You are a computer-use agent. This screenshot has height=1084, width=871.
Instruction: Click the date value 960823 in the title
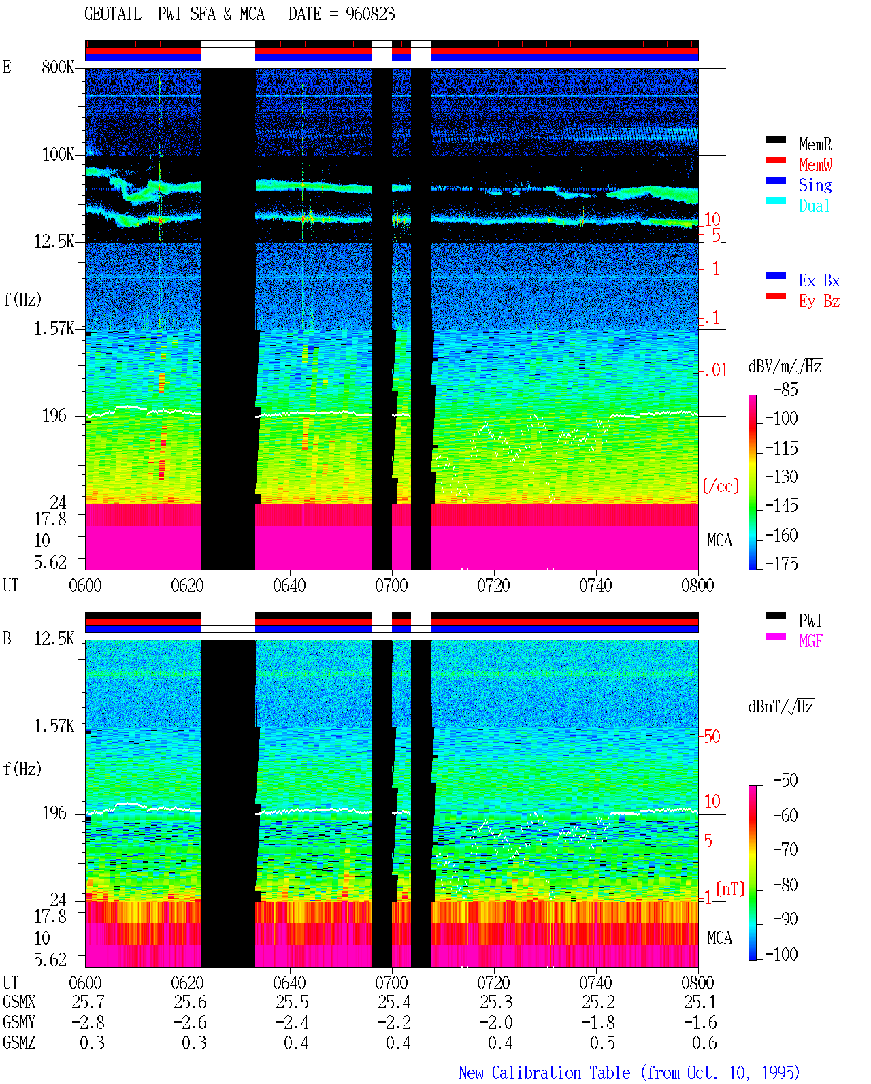369,14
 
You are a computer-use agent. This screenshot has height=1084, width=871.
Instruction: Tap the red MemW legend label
815,165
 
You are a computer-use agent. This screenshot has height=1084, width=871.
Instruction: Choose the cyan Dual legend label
814,206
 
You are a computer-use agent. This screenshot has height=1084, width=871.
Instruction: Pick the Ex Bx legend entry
819,280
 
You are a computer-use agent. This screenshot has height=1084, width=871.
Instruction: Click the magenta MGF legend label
810,641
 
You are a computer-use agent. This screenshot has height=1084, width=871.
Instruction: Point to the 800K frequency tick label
57,67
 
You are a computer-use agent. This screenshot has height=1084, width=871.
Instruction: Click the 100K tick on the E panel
57,154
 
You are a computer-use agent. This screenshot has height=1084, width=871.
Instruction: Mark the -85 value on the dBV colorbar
785,389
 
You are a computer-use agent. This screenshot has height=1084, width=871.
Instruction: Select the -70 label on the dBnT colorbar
785,849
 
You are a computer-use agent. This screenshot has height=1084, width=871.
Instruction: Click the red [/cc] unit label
721,486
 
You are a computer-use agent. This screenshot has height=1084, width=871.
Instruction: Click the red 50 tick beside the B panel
712,736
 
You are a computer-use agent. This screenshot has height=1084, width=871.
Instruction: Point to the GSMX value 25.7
88,1002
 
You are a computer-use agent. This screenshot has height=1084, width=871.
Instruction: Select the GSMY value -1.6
700,1022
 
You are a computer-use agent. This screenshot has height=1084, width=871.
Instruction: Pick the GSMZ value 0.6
704,1042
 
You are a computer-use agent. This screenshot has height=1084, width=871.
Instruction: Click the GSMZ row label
19,1042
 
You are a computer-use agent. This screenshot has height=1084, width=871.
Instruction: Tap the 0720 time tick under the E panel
493,585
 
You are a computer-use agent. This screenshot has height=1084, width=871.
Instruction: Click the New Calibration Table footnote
629,1072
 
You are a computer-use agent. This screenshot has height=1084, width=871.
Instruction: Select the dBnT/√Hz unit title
780,706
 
